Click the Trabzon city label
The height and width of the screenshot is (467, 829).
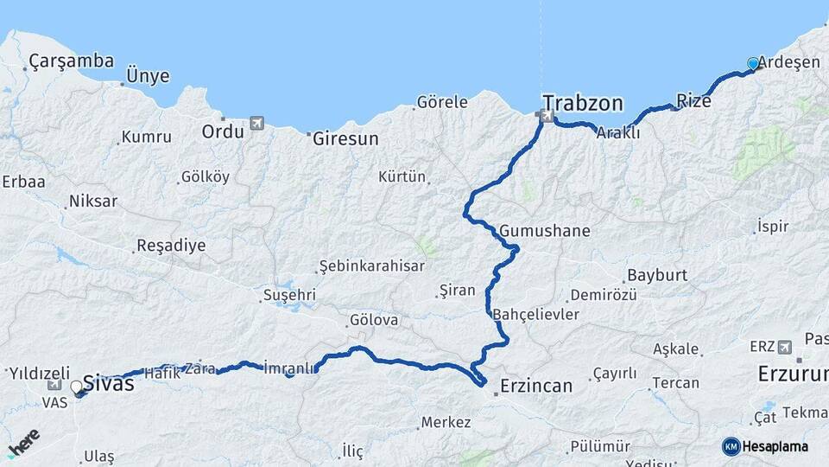pyautogui.click(x=583, y=103)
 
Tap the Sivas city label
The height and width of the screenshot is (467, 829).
pyautogui.click(x=109, y=383)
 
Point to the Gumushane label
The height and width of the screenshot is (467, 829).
pyautogui.click(x=545, y=231)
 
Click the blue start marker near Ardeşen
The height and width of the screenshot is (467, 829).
pyautogui.click(x=753, y=63)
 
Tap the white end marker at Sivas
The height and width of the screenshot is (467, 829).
pyautogui.click(x=76, y=387)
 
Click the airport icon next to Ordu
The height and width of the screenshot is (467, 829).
pyautogui.click(x=256, y=124)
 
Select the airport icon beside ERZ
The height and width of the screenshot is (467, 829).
pyautogui.click(x=784, y=347)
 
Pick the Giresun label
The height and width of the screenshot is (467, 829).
pyautogui.click(x=345, y=138)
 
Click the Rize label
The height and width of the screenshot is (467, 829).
pyautogui.click(x=693, y=100)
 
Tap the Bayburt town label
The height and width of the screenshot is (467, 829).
pyautogui.click(x=657, y=275)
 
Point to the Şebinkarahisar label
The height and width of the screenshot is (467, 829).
pyautogui.click(x=371, y=265)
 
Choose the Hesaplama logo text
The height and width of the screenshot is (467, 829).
pyautogui.click(x=775, y=446)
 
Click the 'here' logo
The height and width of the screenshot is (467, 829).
pyautogui.click(x=23, y=444)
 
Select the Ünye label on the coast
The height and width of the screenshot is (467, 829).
pyautogui.click(x=148, y=76)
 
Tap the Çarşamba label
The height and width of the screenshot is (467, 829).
pyautogui.click(x=71, y=61)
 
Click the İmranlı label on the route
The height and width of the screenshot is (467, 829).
pyautogui.click(x=289, y=368)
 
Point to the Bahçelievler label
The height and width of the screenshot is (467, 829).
pyautogui.click(x=536, y=314)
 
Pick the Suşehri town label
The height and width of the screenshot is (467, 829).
pyautogui.click(x=289, y=295)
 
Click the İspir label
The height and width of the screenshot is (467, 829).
pyautogui.click(x=772, y=227)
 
